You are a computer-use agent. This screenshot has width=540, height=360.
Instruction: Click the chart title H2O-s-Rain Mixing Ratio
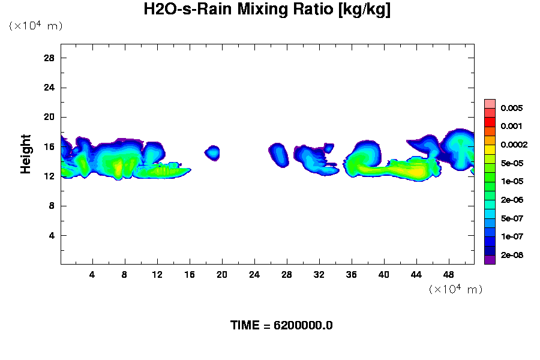[x=267, y=10]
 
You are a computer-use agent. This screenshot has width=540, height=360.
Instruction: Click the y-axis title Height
[x=26, y=161]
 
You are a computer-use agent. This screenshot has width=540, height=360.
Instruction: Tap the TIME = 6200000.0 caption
[x=281, y=326]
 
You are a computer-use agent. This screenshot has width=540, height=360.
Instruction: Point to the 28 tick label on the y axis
[x=50, y=58]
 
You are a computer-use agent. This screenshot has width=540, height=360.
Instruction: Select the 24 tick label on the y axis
[x=50, y=88]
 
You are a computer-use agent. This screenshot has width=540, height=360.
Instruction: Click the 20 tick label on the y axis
[x=50, y=117]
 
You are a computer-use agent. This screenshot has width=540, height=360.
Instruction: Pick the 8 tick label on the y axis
[x=52, y=206]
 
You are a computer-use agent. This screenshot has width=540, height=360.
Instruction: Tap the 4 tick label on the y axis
[x=52, y=235]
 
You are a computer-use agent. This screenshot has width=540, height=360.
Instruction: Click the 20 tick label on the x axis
[x=222, y=275]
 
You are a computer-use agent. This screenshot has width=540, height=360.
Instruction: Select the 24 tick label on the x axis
[x=254, y=275]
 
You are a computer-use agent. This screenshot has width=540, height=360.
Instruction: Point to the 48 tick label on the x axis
[x=449, y=275]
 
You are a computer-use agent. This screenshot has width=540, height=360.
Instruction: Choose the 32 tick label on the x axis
[x=319, y=275]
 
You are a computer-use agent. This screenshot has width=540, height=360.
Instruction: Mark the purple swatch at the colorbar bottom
[x=490, y=260]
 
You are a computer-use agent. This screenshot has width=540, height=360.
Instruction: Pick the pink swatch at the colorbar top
[x=490, y=104]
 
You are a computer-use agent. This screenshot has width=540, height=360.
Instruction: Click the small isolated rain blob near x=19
[x=212, y=152]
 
